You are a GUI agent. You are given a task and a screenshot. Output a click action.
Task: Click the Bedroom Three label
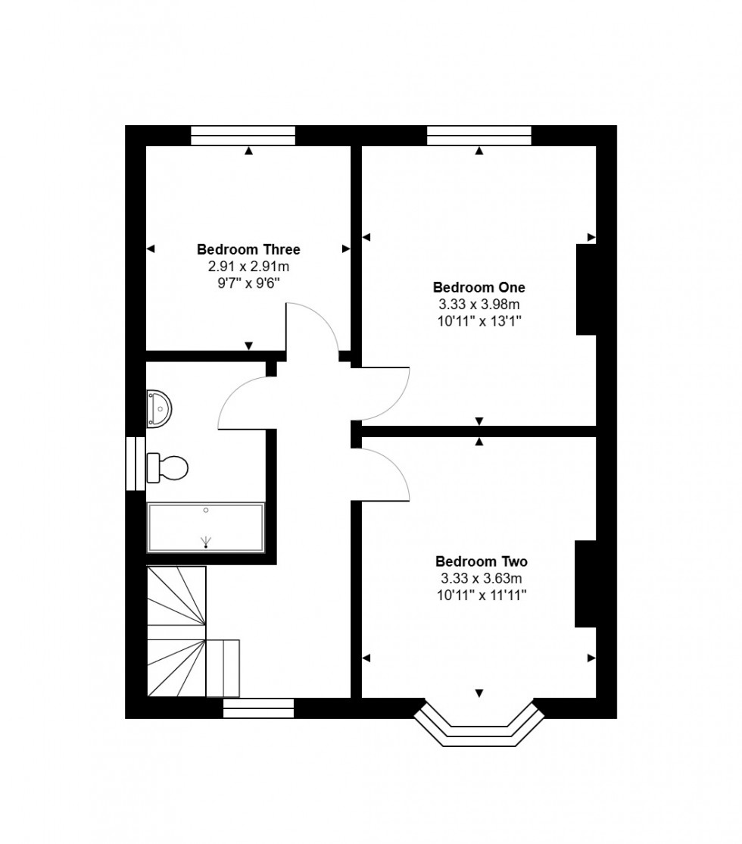pos(248,249)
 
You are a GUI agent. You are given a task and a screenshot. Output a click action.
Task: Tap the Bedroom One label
pos(479,287)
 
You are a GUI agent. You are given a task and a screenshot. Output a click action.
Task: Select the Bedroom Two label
pos(481,561)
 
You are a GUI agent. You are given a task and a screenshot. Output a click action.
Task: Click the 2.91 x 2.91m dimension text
pos(248,267)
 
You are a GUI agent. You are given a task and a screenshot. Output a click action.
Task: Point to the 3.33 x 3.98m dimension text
pos(479,305)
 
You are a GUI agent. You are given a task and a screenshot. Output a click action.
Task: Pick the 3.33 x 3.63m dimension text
pos(481,579)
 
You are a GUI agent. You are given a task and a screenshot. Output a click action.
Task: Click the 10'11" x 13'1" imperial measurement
pos(479,321)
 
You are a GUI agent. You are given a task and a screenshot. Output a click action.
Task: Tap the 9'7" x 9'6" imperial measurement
pos(248,283)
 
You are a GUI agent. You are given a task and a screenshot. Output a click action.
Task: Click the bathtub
pos(205,527)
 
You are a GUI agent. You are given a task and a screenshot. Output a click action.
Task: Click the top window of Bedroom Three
pos(242,136)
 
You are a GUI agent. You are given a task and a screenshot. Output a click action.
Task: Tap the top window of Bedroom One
pos(479,136)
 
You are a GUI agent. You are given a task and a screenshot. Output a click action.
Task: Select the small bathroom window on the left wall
pos(136,464)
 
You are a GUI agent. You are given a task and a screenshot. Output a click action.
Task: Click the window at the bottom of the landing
pos(258,708)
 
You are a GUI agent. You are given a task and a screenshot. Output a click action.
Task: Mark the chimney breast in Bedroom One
pos(586,289)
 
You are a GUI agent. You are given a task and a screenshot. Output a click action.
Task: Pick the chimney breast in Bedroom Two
pos(585,583)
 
